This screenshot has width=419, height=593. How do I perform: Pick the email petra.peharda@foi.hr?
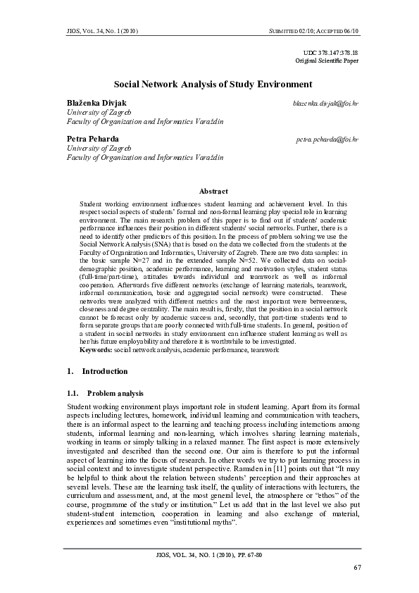tap(327, 139)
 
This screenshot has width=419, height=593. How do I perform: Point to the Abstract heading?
tap(213, 191)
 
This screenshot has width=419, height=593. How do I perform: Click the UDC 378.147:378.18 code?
tap(330, 53)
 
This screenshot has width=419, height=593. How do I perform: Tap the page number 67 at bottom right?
tap(356, 567)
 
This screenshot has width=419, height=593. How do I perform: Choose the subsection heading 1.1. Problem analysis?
tap(105, 392)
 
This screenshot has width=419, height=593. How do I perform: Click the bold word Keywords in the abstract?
tap(96, 349)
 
